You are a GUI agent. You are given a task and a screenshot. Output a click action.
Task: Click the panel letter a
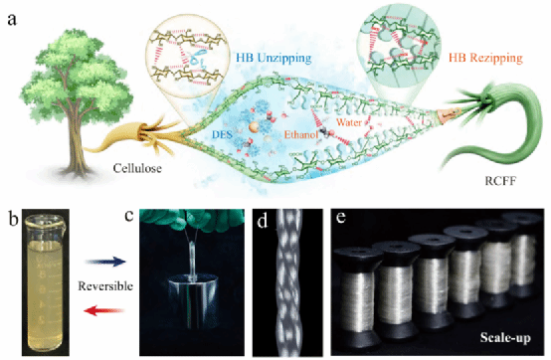point(12,20)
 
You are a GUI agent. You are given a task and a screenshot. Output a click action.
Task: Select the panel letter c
point(129,216)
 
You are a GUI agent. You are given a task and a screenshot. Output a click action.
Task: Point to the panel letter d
point(263,221)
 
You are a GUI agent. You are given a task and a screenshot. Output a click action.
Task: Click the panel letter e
point(341,218)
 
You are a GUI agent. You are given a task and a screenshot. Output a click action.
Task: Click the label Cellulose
point(137,168)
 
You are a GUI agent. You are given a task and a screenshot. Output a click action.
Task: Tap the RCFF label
point(500,181)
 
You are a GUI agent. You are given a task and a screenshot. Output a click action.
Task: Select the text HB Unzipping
point(274,58)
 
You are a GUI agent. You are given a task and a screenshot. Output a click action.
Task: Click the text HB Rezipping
point(485,58)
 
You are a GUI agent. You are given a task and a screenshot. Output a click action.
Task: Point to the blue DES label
point(222,134)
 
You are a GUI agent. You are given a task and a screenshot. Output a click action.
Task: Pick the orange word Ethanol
point(301,134)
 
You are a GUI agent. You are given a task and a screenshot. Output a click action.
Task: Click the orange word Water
point(349,122)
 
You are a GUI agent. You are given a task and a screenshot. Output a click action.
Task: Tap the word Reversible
point(105,285)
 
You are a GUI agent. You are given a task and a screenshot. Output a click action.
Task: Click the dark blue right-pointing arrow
point(105,262)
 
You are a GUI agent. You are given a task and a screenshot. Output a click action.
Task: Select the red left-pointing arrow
point(104,310)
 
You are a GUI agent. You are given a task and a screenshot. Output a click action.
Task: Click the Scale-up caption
point(505,338)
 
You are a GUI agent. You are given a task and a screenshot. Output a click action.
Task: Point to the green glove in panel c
point(192,218)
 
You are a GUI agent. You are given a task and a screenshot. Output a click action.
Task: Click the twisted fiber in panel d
point(288,282)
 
